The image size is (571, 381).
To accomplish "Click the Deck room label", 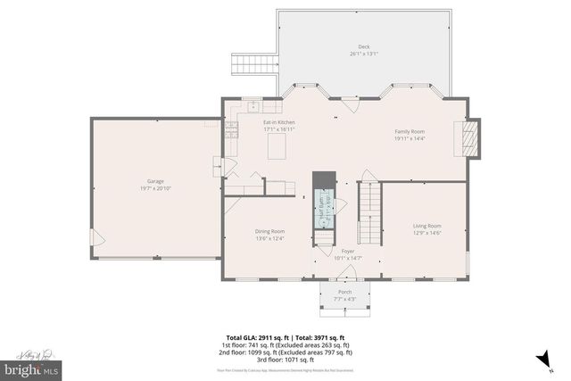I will point(364,46).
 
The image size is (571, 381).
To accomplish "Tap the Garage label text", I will point(155,182).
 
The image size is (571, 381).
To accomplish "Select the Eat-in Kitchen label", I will point(278,122).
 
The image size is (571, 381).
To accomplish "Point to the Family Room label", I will point(410,131).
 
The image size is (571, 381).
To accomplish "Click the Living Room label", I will point(426,226).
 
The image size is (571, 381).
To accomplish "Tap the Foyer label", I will point(347,252).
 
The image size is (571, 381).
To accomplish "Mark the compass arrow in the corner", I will point(540,359).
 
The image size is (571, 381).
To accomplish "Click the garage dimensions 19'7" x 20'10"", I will point(155,188).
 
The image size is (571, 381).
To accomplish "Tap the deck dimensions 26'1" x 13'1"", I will point(364,54).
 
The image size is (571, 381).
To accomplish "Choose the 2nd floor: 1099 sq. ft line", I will point(285,352).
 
